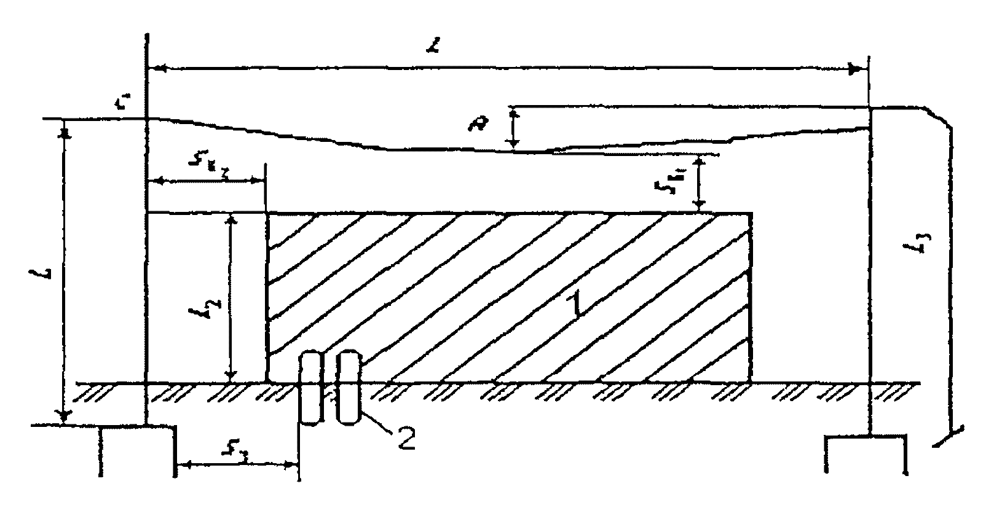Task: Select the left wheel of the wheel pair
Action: tap(311, 387)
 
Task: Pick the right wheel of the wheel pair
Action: tap(349, 387)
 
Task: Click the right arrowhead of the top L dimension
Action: tap(855, 69)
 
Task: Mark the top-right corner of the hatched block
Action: tap(751, 214)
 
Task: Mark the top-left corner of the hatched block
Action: tap(267, 214)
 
